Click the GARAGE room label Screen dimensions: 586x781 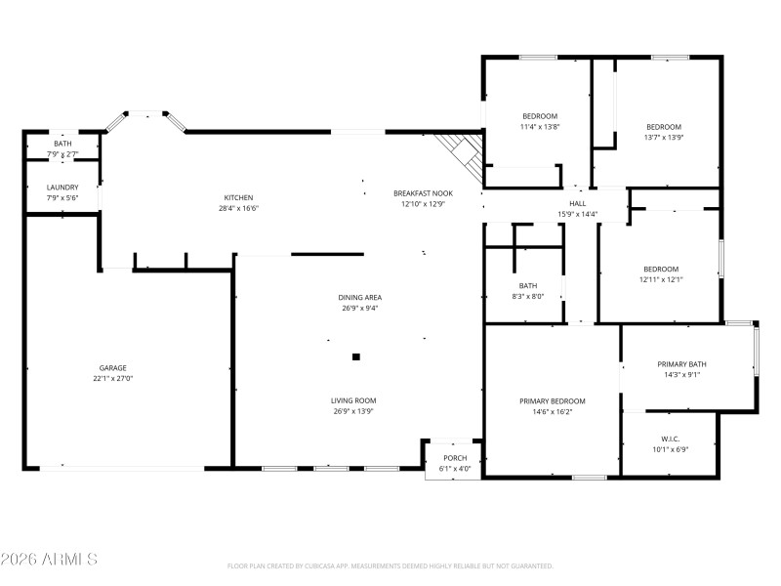point(112,368)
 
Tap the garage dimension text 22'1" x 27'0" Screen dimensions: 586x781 point(112,379)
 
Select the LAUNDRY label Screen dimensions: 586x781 point(62,188)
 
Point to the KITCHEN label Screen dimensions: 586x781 point(238,197)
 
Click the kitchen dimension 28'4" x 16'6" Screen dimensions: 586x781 point(238,208)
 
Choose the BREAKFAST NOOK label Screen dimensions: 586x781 point(423,193)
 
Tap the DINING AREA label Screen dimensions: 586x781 point(359,297)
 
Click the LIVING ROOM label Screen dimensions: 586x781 point(352,400)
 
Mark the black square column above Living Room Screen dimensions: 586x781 point(356,357)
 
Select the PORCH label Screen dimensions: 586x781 point(455,458)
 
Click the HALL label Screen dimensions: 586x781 point(578,203)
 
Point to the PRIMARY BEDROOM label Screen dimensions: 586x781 point(553,401)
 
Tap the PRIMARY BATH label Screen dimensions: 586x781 point(681,364)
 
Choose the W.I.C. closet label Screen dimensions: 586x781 point(670,439)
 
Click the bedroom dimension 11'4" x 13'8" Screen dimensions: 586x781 point(539,127)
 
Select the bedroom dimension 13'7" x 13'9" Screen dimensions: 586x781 point(664,138)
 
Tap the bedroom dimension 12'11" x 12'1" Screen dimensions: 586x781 point(661,279)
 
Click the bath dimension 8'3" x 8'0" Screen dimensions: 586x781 point(528,297)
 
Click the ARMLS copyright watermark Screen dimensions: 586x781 point(49,560)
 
